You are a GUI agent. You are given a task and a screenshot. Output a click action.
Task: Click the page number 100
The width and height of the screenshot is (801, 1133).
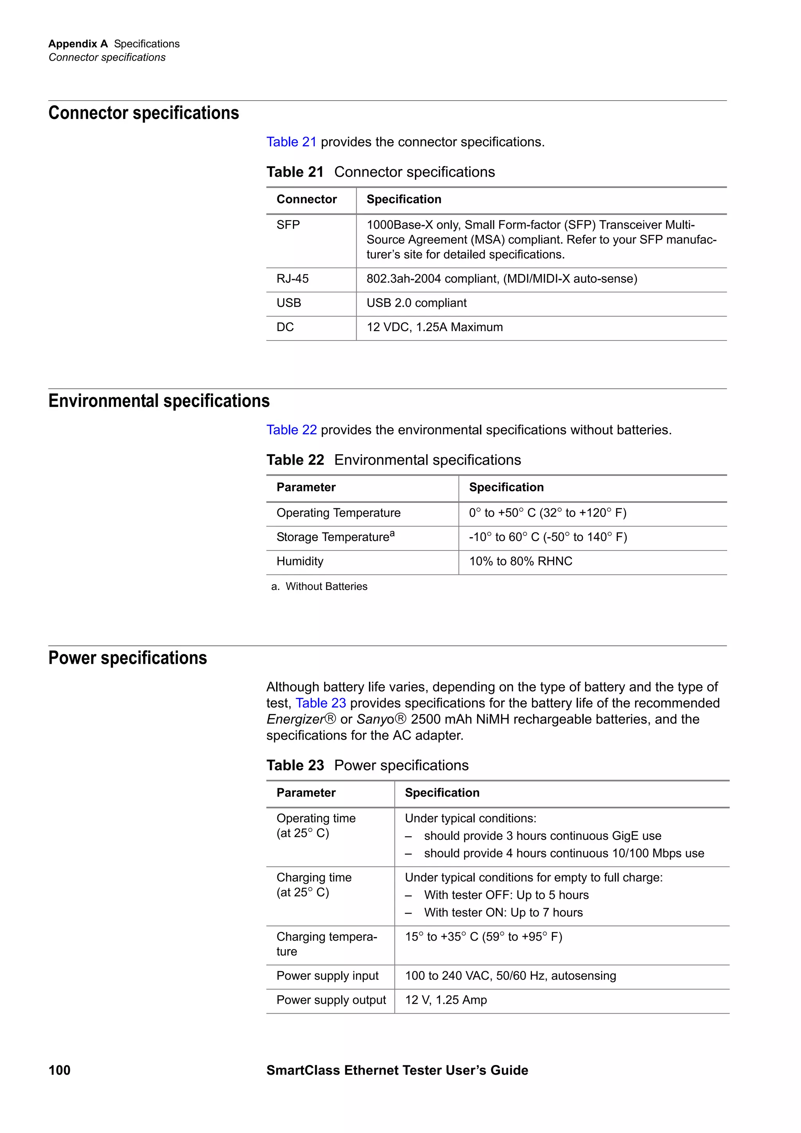click(59, 1070)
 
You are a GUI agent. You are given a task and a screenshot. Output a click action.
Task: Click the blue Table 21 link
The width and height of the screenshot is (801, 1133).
click(291, 142)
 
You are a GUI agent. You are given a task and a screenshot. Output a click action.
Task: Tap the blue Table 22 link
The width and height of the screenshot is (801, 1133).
click(291, 430)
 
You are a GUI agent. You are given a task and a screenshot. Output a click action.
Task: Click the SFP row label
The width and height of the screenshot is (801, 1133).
click(288, 225)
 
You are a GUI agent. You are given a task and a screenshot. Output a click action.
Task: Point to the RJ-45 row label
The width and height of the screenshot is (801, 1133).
click(293, 279)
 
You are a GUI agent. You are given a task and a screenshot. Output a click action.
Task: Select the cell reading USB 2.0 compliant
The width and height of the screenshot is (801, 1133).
click(416, 303)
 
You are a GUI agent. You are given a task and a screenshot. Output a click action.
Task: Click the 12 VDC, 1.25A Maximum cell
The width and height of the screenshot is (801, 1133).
click(434, 327)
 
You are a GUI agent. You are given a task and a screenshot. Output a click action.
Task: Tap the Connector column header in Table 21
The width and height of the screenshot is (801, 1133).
click(307, 199)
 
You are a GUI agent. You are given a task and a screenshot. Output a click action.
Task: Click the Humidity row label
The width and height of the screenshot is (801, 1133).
click(300, 561)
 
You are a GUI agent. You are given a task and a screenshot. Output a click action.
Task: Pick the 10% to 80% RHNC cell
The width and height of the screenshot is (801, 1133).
click(520, 561)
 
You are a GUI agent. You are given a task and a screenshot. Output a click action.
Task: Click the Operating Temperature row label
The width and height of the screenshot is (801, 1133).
click(338, 513)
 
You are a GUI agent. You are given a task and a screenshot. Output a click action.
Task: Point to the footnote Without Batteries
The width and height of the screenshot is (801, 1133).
click(326, 586)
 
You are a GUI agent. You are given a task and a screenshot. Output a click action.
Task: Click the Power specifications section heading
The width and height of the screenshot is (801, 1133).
click(128, 658)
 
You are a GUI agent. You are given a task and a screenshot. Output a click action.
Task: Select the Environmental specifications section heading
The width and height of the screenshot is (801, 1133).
click(159, 401)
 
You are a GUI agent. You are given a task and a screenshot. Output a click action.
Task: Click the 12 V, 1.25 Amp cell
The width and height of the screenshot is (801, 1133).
click(445, 1000)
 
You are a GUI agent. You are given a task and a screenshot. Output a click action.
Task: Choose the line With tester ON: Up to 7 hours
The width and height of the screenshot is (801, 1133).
click(503, 912)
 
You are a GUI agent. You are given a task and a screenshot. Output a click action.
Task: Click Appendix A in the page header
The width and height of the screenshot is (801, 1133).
click(78, 44)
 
